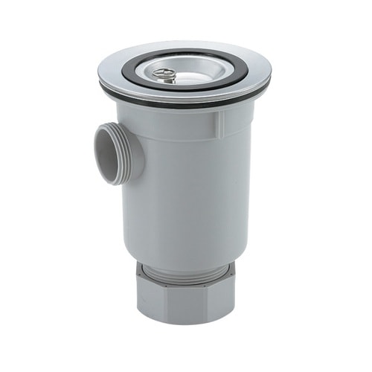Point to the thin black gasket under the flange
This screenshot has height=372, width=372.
[186, 101]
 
